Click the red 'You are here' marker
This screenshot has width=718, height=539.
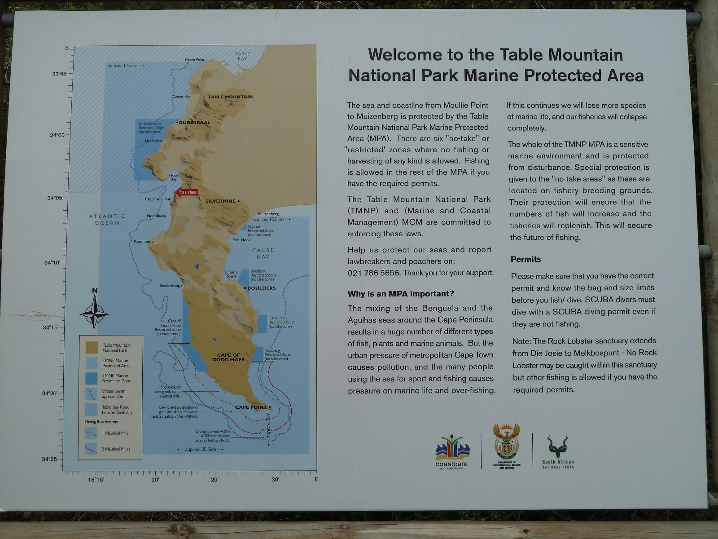[x=187, y=192]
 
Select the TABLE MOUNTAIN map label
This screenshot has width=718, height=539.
[x=230, y=97]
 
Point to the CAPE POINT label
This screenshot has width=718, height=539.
[x=251, y=407]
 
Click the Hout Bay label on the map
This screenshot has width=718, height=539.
[x=173, y=177]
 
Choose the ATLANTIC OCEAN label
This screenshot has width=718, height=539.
[x=107, y=219]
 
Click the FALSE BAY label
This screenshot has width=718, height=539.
[x=263, y=253]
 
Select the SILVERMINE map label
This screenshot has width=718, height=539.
[x=220, y=201]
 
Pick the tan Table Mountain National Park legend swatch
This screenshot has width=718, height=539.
[x=92, y=347]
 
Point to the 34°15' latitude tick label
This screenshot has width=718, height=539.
[x=51, y=327]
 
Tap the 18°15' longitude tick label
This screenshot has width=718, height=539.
[x=96, y=480]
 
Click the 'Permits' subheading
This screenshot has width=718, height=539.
[x=526, y=259]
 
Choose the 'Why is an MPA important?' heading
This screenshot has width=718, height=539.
[x=401, y=294]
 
